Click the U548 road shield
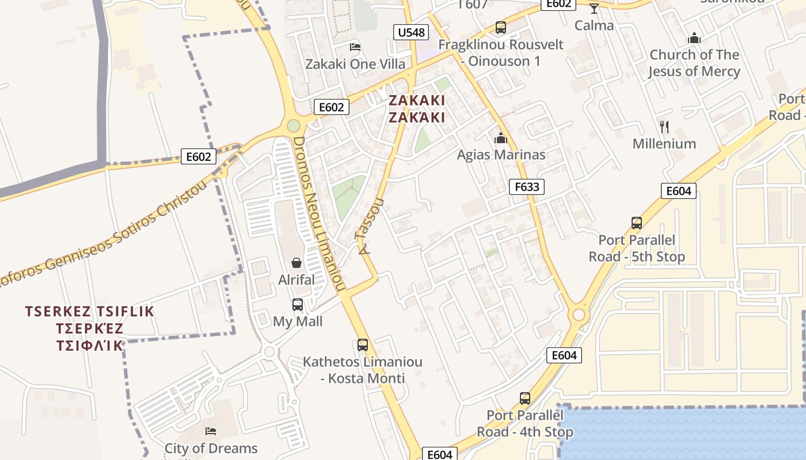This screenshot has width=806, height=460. [x=411, y=32]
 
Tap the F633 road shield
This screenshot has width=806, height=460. [x=526, y=186]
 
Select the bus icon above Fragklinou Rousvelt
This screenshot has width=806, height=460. [x=500, y=27]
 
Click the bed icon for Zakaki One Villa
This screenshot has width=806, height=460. [x=355, y=47]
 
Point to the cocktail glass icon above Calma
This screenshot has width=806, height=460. [x=594, y=8]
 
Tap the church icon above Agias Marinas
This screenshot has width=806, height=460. [x=500, y=138]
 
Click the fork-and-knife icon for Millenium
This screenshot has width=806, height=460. [x=664, y=126]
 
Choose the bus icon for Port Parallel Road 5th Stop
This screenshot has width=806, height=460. [x=636, y=223]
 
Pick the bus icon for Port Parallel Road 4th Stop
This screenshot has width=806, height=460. [x=524, y=398]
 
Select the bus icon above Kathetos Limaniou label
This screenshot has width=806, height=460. [x=362, y=345]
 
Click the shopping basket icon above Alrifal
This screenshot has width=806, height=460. [x=296, y=263]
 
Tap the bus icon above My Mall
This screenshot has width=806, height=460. [x=297, y=305]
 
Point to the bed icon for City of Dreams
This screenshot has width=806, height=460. [x=211, y=431]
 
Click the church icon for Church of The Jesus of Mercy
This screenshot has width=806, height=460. [x=694, y=38]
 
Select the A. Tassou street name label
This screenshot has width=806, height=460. [x=370, y=227]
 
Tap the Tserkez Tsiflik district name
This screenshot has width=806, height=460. [x=90, y=328]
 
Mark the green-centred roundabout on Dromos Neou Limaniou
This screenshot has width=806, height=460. [x=294, y=125]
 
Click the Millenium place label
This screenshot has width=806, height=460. [x=664, y=144]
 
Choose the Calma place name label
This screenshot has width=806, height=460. [x=594, y=25]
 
